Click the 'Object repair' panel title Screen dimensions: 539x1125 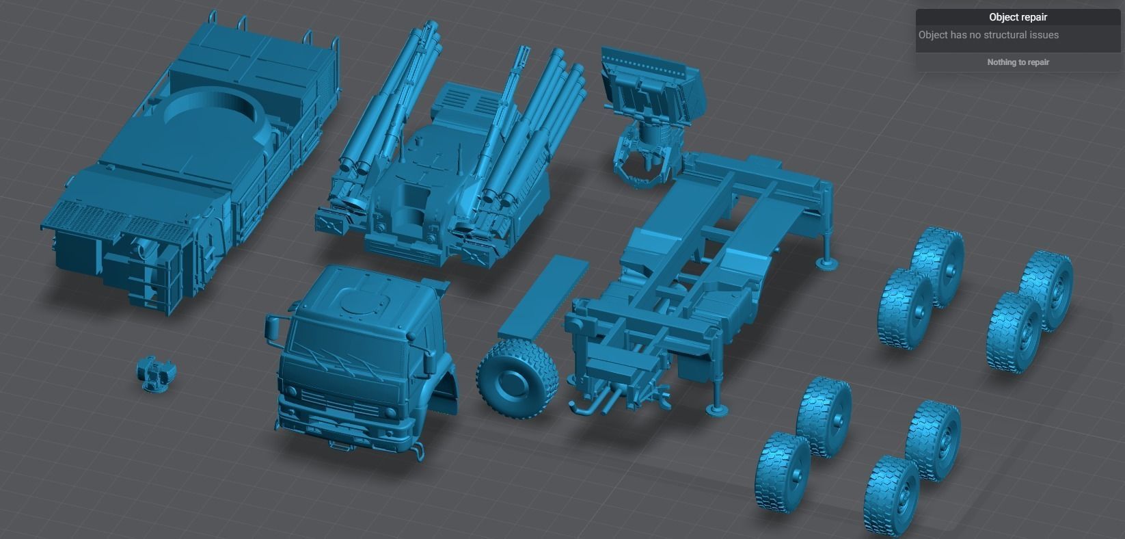point(1018,17)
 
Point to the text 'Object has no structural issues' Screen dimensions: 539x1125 point(988,35)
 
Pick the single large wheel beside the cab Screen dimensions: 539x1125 point(517,380)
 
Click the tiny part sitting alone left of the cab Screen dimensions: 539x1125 point(156,373)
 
